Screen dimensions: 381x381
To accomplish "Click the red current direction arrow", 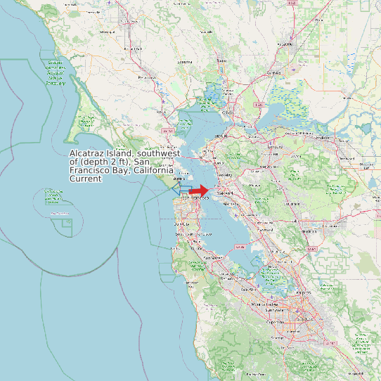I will coord(199,190).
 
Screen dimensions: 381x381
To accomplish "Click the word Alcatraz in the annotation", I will coord(87,153).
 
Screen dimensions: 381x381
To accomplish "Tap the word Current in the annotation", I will coord(86,179).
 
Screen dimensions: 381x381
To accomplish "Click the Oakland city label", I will coord(225,191).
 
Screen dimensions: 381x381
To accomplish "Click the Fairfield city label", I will coord(274,72).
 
